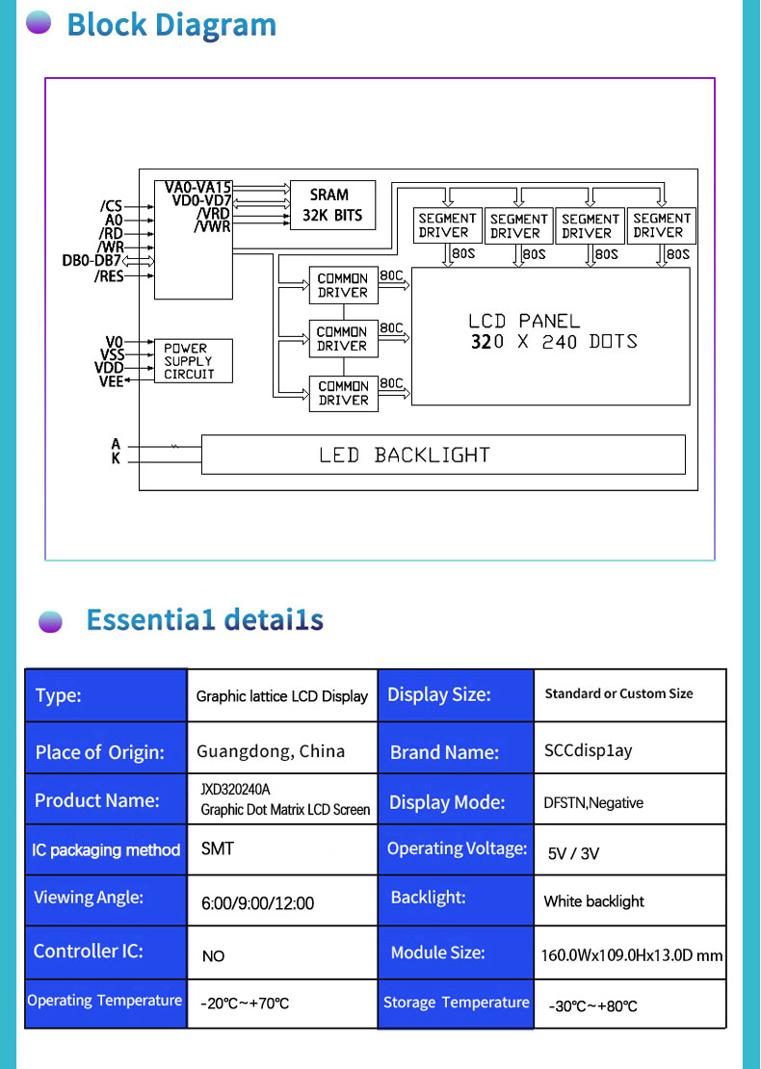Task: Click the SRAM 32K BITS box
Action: click(x=332, y=204)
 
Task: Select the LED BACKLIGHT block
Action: click(x=443, y=455)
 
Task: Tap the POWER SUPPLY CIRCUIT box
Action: click(x=194, y=361)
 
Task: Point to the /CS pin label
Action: click(x=111, y=206)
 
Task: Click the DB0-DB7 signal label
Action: click(x=92, y=261)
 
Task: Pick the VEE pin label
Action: click(x=111, y=380)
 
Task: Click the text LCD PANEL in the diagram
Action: click(x=524, y=321)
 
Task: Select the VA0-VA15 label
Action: click(x=197, y=187)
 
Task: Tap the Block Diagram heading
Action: click(x=171, y=25)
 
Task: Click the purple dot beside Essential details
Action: click(x=50, y=621)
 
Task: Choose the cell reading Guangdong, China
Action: click(x=271, y=751)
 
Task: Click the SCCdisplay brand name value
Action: click(x=588, y=751)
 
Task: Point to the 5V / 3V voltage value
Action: click(x=574, y=853)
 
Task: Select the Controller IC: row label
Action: click(x=89, y=952)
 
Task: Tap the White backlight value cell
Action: click(x=593, y=901)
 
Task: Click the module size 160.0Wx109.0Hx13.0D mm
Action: click(x=631, y=955)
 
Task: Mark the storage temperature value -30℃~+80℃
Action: click(x=592, y=1006)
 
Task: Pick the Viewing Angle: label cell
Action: click(x=89, y=898)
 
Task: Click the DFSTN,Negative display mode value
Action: click(x=593, y=803)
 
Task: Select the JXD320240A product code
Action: click(x=235, y=790)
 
